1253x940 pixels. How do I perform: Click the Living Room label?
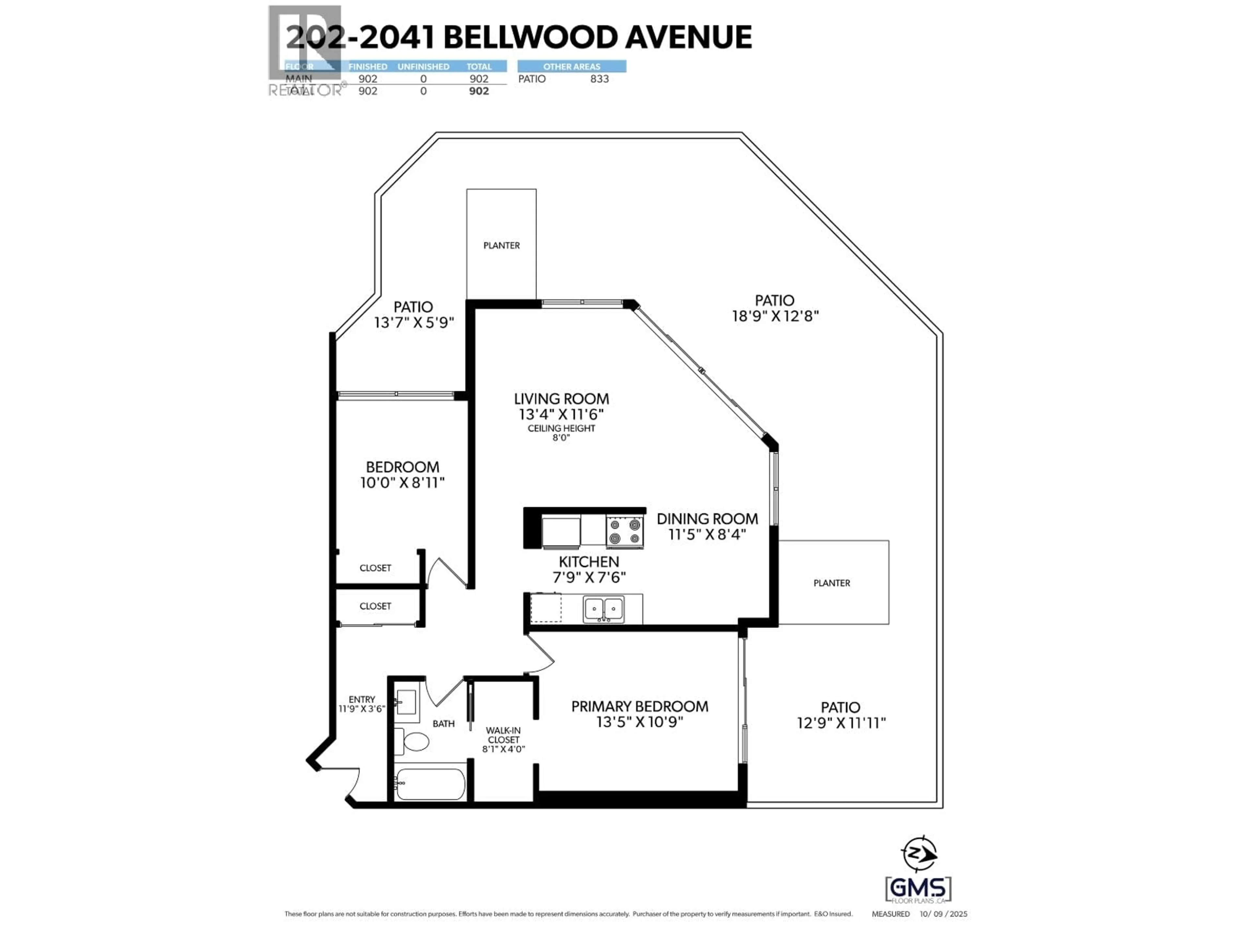561,399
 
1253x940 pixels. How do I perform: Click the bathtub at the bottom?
430,784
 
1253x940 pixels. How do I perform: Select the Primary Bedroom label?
640,707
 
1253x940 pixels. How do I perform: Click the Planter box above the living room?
501,245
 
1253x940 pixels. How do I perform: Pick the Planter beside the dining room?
831,583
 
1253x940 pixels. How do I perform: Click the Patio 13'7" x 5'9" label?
413,314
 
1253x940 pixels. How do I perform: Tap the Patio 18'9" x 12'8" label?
775,308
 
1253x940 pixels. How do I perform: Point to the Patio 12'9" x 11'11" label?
841,715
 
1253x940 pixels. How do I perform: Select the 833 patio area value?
599,79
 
